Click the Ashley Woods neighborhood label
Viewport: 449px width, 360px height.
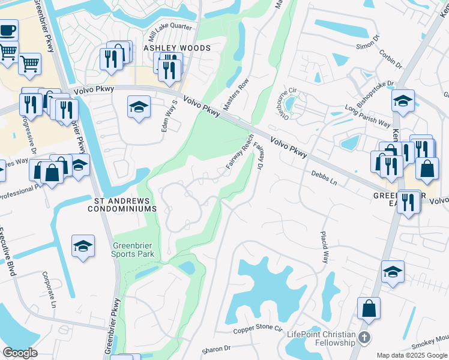coord(177,48)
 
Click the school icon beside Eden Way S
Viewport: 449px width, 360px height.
coord(139,107)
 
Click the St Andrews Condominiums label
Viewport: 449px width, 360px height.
coord(122,204)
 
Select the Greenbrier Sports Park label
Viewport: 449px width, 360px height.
coord(133,250)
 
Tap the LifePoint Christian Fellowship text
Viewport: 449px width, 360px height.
coord(321,338)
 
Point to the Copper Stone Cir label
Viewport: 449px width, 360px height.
coord(258,329)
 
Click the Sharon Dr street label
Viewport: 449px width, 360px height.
coord(215,349)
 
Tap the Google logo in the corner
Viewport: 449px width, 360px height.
coord(20,353)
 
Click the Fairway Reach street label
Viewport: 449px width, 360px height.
coord(240,152)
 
